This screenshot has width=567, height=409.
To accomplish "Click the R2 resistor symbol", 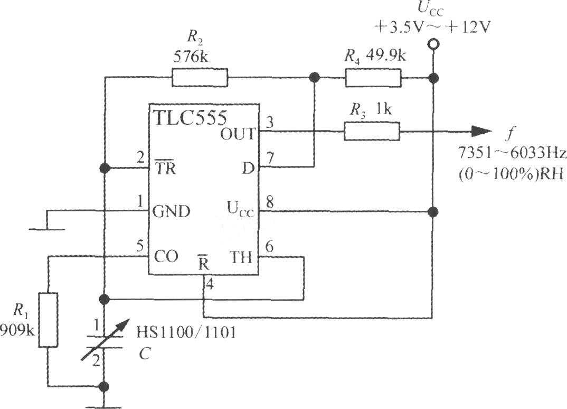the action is point(200,78).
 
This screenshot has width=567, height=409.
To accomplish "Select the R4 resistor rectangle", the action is point(373,78).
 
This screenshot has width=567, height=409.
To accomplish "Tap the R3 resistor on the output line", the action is point(372,132).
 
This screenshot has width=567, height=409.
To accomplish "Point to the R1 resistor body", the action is point(48,320).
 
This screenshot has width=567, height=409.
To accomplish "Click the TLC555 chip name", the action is point(190,117).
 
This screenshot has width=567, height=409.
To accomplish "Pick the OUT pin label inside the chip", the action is point(238,134).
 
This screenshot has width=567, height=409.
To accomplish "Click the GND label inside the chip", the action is point(172,211).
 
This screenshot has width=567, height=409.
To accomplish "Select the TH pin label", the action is point(241,258).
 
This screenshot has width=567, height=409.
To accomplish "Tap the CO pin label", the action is point(166,257).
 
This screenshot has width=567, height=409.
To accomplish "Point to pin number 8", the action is point(269,202).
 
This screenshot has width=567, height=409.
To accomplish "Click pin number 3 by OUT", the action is point(270,123).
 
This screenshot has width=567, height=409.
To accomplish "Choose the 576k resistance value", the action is point(191,57).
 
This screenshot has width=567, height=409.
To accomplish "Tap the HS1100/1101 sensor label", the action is point(186,332).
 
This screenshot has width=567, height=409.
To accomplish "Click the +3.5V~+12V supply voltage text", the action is point(432,27).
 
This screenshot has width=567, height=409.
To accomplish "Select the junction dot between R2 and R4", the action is point(315,77).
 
